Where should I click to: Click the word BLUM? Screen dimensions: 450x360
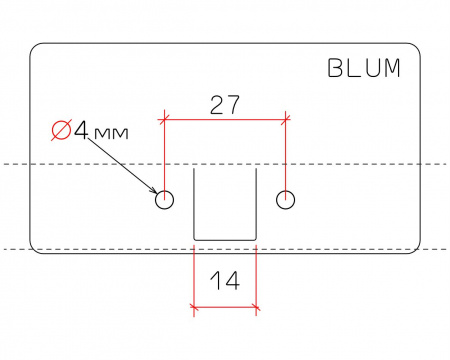click(364, 69)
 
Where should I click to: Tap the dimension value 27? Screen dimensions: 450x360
click(225, 105)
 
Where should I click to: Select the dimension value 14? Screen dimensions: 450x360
click(226, 282)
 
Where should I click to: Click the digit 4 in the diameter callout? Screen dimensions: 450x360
click(81, 130)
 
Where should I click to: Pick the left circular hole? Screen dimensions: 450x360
click(165, 199)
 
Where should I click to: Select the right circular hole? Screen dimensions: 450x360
click(287, 199)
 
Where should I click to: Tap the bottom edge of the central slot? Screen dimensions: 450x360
click(225, 239)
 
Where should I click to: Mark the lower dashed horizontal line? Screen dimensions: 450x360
click(100, 249)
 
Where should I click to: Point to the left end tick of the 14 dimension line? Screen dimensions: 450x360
click(194, 306)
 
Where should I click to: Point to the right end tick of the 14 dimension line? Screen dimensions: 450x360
click(257, 306)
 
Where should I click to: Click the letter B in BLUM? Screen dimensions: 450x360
click(336, 69)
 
